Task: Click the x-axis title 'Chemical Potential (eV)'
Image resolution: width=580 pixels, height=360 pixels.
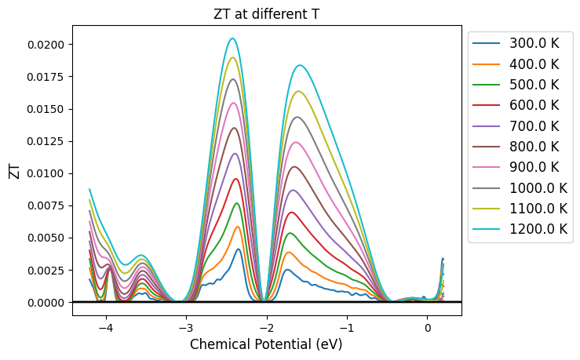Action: click(266, 344)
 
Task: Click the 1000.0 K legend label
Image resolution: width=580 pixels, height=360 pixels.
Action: click(538, 187)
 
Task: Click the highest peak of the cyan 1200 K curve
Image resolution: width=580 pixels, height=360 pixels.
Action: click(233, 38)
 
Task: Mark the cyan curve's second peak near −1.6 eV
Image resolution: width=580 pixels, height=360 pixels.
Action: click(300, 65)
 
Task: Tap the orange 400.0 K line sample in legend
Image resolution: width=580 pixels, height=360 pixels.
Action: click(487, 64)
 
